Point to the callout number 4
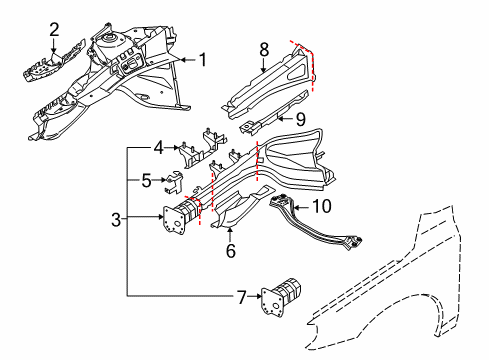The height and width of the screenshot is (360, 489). click(157, 151)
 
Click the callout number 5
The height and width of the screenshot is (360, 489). click(146, 182)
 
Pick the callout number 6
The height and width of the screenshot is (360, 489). click(230, 250)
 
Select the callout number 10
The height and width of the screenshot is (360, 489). click(321, 206)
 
